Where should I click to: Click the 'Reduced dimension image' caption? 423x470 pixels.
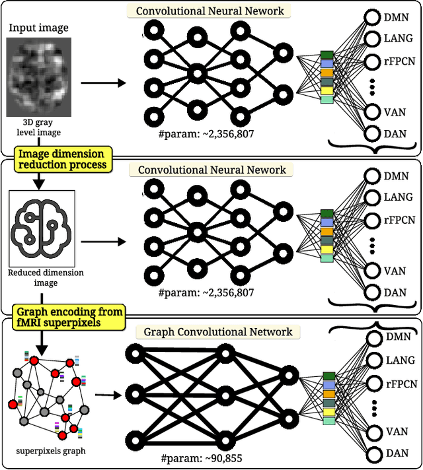(42, 278)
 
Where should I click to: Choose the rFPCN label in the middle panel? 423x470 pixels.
(399, 219)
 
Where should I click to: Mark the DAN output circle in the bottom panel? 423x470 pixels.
(373, 454)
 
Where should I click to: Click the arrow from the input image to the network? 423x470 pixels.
(103, 83)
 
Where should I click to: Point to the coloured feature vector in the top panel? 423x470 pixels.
(327, 78)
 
